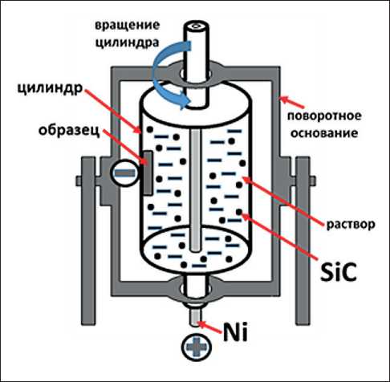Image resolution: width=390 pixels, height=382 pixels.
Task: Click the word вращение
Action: (128, 26)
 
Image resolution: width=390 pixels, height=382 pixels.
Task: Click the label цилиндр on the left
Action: (50, 88)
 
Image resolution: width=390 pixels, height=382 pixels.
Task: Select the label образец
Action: (69, 131)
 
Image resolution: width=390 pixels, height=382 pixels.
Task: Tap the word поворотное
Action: (324, 116)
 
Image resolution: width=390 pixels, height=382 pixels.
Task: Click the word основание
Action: (324, 133)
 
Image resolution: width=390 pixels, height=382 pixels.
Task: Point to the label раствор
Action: (351, 224)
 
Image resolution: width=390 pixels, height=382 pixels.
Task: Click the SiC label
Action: (339, 272)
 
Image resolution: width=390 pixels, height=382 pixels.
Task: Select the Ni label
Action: (235, 331)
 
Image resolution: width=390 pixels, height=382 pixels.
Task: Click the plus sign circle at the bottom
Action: (197, 347)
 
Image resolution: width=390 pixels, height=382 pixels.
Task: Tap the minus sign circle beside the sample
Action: (125, 173)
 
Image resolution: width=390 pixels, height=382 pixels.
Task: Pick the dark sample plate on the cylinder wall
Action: (148, 173)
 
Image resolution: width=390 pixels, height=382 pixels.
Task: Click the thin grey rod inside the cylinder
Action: (196, 190)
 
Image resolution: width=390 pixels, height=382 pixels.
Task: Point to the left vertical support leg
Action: (88, 241)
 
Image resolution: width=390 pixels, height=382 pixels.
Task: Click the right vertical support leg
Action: (303, 241)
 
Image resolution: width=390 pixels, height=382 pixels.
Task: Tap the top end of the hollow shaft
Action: (196, 26)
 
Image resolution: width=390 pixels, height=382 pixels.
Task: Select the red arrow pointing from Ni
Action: (210, 328)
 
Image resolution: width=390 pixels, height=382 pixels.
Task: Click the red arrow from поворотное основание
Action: (292, 103)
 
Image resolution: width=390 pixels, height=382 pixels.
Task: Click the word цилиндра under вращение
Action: (128, 43)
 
